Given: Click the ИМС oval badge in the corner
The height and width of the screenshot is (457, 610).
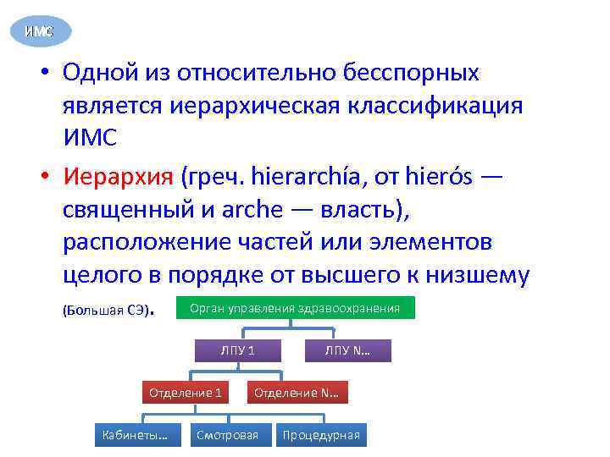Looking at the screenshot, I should click(39, 31).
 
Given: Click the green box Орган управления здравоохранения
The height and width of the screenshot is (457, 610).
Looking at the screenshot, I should click(295, 308).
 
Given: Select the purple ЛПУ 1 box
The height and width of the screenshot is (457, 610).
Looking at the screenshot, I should click(237, 350).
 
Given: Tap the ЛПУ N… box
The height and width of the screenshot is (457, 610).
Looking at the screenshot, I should click(347, 350).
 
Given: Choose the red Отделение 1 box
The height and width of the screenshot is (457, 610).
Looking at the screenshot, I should click(186, 393).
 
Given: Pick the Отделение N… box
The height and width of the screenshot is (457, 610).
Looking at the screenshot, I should click(297, 393).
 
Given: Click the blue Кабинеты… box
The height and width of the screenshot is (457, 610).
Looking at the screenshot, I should click(135, 435).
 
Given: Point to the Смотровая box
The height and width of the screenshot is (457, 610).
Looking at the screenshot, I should click(227, 435).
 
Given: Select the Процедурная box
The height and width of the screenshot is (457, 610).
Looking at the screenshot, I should click(321, 435).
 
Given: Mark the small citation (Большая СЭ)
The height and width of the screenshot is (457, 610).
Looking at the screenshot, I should click(107, 310).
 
